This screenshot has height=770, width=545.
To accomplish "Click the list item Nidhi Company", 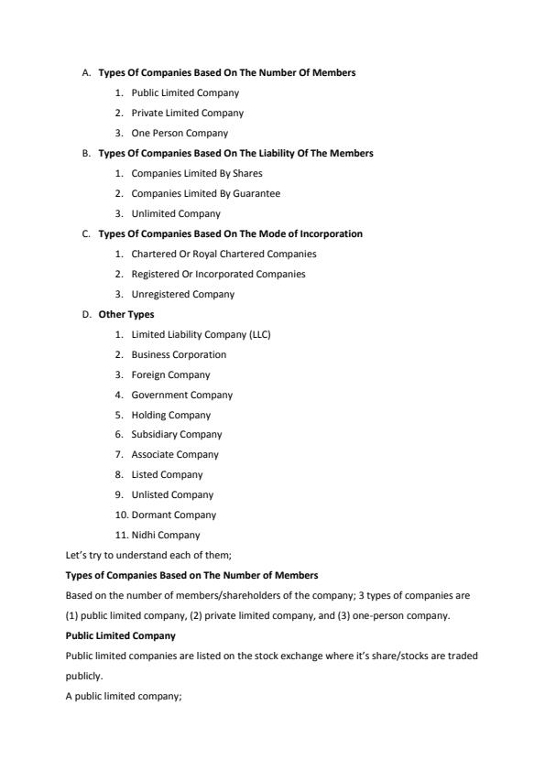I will tap(165, 535).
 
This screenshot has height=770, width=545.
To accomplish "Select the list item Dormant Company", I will tap(173, 515).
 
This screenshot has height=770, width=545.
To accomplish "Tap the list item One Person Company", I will tap(180, 133).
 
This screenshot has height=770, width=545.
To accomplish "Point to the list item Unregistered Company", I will tap(182, 294).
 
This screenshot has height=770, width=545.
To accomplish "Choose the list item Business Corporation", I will tap(179, 354).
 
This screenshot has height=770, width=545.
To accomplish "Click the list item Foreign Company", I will tap(170, 374).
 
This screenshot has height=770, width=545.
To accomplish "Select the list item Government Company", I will tap(181, 395).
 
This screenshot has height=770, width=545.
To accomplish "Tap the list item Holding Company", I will tap(170, 415).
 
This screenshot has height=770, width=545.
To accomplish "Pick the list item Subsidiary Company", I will tap(176, 434).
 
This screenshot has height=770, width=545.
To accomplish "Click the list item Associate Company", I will tap(175, 454).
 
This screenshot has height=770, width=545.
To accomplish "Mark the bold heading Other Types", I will tap(126, 314).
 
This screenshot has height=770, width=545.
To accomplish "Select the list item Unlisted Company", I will tap(172, 494).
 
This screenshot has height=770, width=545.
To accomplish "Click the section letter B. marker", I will tap(86, 153).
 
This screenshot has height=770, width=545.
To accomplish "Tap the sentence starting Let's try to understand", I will tap(148, 555).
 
